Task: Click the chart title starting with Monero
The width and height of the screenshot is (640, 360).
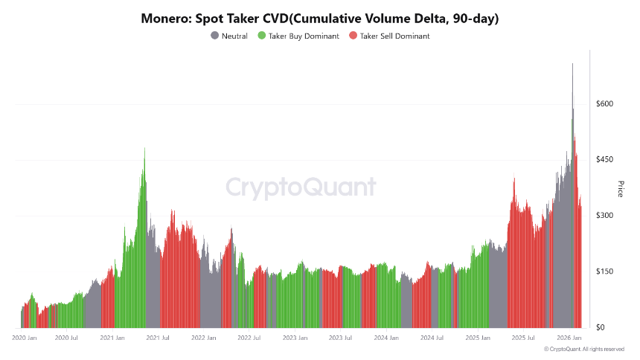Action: (320, 19)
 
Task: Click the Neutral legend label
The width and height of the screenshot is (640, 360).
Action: (234, 36)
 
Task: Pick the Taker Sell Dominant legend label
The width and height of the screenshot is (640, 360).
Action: (394, 36)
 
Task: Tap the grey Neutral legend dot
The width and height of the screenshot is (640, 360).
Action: (215, 36)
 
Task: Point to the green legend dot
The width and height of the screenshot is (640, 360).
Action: (262, 36)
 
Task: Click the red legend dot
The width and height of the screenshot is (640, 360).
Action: (353, 36)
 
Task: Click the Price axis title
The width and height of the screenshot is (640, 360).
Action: (621, 188)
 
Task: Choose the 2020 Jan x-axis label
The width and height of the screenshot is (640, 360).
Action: (25, 338)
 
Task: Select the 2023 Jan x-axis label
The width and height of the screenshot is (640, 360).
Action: (295, 338)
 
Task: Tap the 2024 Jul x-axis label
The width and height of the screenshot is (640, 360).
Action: (432, 338)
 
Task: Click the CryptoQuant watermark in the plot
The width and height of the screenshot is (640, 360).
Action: (301, 187)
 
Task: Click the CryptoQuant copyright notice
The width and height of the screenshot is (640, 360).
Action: (583, 349)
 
